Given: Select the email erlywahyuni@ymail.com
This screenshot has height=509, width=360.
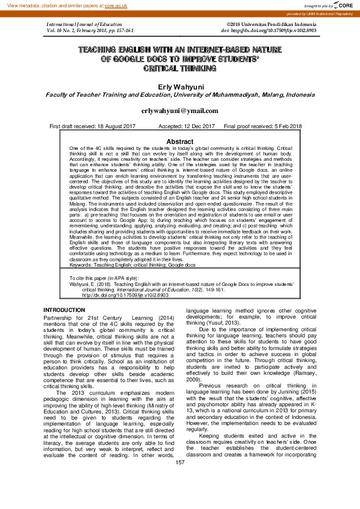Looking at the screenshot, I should [180, 111].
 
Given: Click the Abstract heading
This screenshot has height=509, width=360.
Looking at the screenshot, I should [180, 141].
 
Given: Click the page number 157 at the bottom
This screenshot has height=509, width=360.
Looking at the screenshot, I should [180, 496].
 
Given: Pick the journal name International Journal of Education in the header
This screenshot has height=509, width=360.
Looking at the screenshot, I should [82, 23].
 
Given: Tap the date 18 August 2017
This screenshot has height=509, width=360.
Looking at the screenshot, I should [113, 126].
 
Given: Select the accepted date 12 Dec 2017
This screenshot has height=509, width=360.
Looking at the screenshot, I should [197, 126].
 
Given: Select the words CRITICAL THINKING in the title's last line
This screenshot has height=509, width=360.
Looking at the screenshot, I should [180, 69].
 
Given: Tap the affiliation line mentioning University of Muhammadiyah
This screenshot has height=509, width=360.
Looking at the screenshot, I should [180, 95].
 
